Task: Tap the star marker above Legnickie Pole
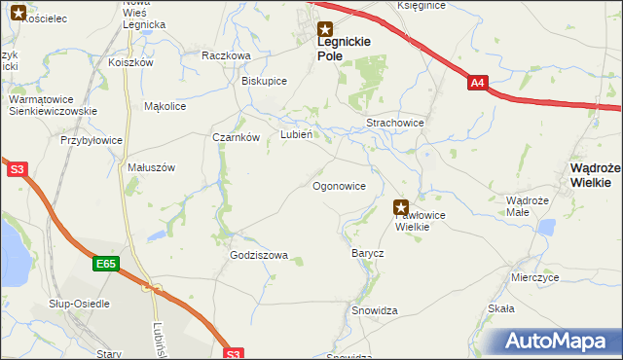pyautogui.click(x=326, y=29)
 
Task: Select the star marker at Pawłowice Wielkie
pyautogui.click(x=401, y=206)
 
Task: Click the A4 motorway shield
pyautogui.click(x=477, y=84)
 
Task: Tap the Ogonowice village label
pyautogui.click(x=339, y=185)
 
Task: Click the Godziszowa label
pyautogui.click(x=259, y=256)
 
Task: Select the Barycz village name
pyautogui.click(x=367, y=253)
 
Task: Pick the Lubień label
pyautogui.click(x=296, y=135)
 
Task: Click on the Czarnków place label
pyautogui.click(x=236, y=137)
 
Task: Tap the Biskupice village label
pyautogui.click(x=264, y=81)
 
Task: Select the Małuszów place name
pyautogui.click(x=151, y=167)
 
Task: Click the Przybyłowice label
pyautogui.click(x=92, y=140)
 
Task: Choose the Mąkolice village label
pyautogui.click(x=165, y=106)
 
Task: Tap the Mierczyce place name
pyautogui.click(x=534, y=277)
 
